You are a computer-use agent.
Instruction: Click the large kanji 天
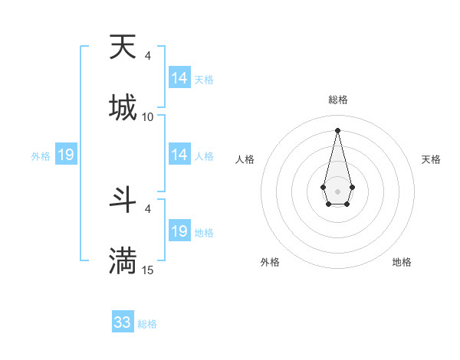(x=123, y=47)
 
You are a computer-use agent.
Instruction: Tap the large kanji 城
(x=123, y=107)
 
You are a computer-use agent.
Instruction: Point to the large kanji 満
(x=123, y=260)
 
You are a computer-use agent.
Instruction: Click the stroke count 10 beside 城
(x=148, y=116)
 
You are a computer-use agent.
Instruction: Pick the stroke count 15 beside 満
(x=148, y=270)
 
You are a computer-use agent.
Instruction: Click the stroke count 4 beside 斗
(x=148, y=208)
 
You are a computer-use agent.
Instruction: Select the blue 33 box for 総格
(x=123, y=322)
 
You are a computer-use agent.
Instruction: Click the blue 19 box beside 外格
(x=65, y=155)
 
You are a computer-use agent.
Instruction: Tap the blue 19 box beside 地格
(x=179, y=231)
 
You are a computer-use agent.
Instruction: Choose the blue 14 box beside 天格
(x=179, y=78)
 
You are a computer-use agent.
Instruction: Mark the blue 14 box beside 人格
(x=179, y=155)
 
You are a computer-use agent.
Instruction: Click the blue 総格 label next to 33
(x=147, y=324)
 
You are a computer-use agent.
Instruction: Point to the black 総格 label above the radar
(x=338, y=100)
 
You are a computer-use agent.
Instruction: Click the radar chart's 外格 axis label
(x=270, y=262)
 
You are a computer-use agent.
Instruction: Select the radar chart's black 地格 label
(x=402, y=262)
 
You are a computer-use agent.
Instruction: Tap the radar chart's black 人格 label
(x=245, y=159)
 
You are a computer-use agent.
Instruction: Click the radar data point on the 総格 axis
(x=337, y=129)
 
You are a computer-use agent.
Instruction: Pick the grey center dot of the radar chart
(x=337, y=190)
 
